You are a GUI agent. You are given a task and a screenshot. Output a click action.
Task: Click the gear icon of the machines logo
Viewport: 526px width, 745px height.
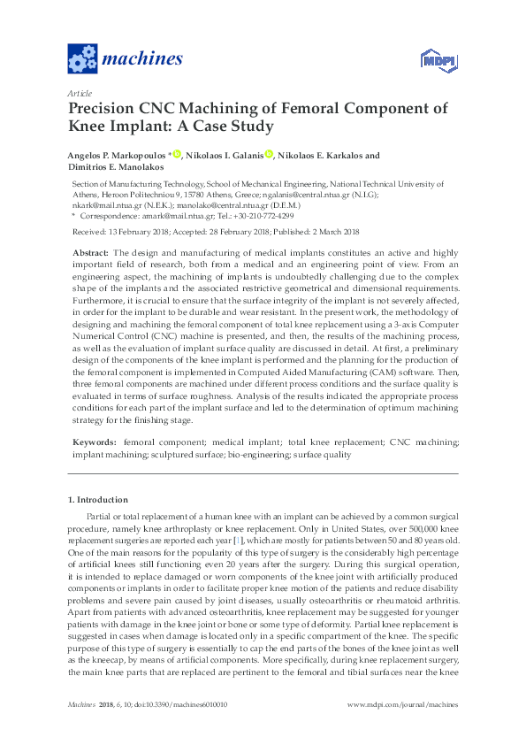point(81,59)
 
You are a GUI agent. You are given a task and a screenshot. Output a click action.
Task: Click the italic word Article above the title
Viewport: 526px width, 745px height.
point(79,92)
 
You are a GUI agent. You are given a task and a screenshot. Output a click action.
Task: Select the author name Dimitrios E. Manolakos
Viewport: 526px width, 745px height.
point(119,168)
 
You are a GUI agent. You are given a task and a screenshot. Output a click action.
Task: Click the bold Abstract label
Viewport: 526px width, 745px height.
point(89,252)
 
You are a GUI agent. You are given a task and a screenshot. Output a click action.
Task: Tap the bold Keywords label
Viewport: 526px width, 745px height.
point(93,441)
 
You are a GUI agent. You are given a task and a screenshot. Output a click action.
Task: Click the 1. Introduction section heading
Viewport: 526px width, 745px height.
point(98,500)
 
